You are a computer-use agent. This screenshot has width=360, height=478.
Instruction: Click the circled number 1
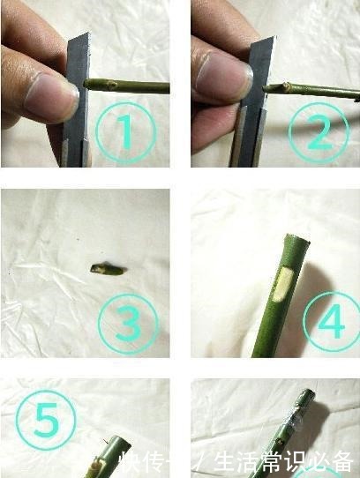tap(124, 133)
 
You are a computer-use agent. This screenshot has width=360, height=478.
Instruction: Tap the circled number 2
tap(319, 131)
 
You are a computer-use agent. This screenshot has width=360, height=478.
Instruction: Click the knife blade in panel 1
tap(78, 97)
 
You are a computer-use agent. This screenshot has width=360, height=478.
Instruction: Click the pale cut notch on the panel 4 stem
tap(285, 283)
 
